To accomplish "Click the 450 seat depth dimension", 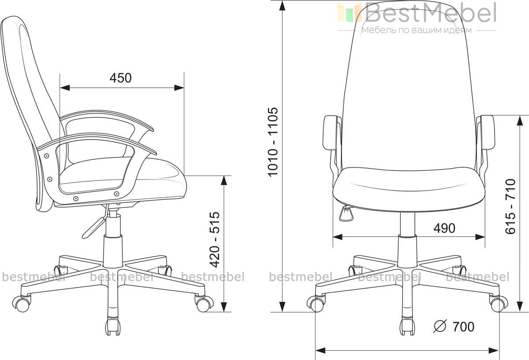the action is tap(120, 78).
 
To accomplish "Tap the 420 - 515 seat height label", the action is tap(215, 240).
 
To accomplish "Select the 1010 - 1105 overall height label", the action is tap(273, 142).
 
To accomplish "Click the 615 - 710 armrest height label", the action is tap(510, 206).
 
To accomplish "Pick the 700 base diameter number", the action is tap(463, 326).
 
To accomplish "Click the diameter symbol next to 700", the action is tap(440, 326).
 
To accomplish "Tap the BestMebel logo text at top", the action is tap(430, 12).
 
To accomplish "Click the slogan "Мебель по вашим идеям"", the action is tap(416, 30).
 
